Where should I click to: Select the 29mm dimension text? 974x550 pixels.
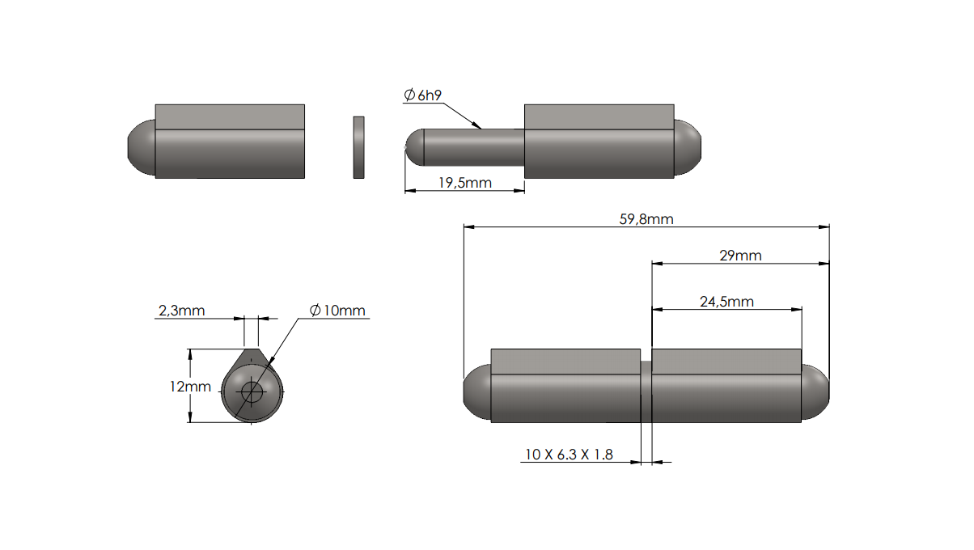740,256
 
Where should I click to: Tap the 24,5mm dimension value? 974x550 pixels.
726,302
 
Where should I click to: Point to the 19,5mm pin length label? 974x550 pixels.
465,183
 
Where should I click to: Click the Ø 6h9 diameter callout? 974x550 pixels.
422,95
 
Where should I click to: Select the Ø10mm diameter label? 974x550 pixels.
337,311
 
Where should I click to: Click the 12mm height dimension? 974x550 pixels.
190,387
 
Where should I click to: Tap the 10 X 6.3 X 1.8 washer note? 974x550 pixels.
569,455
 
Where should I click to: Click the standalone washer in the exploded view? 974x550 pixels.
358,147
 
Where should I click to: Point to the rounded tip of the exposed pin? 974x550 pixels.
413,147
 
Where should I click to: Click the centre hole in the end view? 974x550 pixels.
252,393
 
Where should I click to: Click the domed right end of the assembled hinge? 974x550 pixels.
815,394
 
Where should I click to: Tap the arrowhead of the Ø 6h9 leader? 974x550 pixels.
479,127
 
